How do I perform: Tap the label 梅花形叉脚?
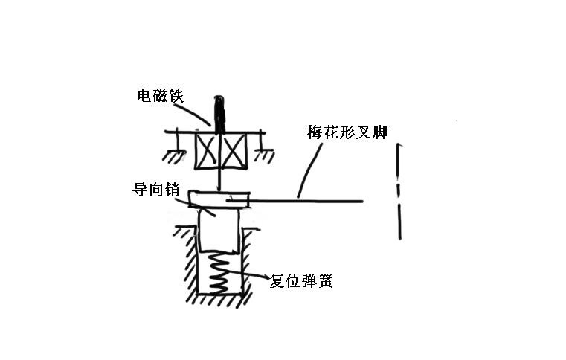[x=347, y=133]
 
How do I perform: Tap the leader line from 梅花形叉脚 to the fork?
[x=310, y=170]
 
